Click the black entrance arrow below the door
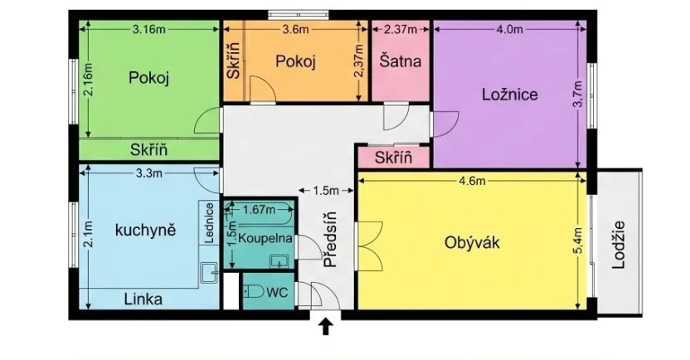(x=326, y=326)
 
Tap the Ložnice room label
(x=509, y=95)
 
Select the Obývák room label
(x=472, y=243)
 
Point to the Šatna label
(x=401, y=61)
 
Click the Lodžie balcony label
(x=618, y=244)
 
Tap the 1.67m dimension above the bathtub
(x=259, y=210)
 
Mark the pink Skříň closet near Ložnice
(x=393, y=158)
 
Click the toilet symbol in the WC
(x=255, y=291)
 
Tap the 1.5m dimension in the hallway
(x=328, y=190)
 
